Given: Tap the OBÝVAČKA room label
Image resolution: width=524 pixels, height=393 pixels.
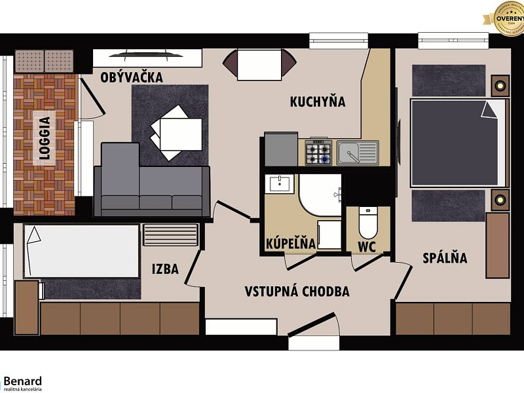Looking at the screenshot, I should [132, 77].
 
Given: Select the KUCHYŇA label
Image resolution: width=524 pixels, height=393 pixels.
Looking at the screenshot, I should [318, 102].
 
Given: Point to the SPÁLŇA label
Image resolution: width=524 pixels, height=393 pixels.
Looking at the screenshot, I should [445, 258].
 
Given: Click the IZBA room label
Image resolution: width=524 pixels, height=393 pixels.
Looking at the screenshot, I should [165, 269].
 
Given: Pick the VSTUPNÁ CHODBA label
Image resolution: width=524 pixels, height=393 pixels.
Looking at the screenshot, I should [297, 291].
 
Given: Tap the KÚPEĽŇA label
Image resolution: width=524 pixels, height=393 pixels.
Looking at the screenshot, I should [290, 244].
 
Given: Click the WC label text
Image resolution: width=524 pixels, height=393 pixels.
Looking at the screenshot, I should [367, 248].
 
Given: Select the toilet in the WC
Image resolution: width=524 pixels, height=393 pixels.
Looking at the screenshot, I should [367, 223].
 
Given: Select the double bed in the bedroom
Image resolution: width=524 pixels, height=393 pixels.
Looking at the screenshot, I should [458, 141].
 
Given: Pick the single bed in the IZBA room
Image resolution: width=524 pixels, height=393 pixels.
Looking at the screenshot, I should [81, 251].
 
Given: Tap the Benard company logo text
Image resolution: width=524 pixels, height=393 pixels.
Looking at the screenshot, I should [23, 381].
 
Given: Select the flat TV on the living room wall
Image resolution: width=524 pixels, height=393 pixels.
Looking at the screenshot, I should [146, 54].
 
